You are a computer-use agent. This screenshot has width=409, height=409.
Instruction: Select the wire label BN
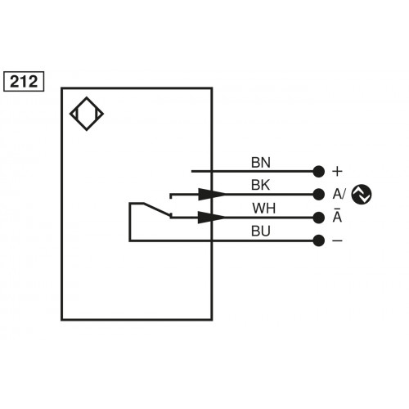tap(259, 161)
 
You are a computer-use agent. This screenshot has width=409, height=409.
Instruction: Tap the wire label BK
tap(259, 185)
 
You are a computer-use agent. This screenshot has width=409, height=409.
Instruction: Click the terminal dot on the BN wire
tap(318, 172)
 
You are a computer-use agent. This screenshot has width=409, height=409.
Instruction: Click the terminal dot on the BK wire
tap(318, 195)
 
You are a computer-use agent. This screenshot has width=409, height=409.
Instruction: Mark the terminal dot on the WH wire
tap(318, 218)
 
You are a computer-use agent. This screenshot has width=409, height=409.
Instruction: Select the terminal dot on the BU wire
tap(318, 240)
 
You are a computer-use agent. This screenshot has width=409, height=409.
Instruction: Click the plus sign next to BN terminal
tap(337, 172)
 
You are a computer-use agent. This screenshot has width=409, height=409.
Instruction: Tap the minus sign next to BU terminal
tap(337, 240)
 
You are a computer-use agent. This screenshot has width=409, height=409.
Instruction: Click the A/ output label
tap(339, 195)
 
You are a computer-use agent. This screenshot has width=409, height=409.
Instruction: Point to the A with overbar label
tap(337, 218)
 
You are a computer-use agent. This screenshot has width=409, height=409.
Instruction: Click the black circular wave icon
tap(362, 195)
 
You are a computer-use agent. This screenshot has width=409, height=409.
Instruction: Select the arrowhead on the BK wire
tap(214, 195)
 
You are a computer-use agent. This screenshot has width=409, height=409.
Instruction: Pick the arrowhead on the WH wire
tap(214, 218)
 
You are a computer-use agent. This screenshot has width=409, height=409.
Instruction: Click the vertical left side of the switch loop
tap(129, 221)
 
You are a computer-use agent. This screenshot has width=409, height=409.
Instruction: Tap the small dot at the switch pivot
tap(169, 217)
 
